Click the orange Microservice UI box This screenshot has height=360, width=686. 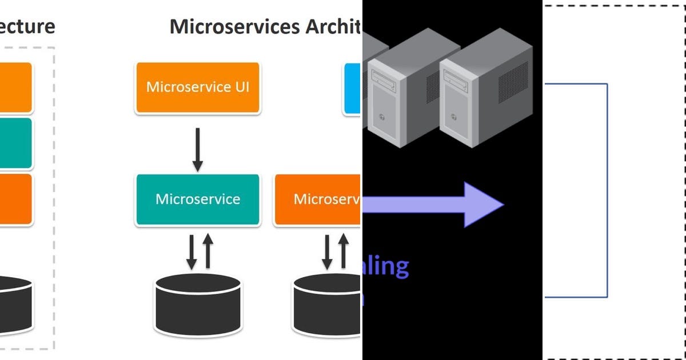197,87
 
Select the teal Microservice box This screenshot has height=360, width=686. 197,199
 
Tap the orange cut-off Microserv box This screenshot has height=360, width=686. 318,199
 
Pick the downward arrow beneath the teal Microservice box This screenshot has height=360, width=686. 192,251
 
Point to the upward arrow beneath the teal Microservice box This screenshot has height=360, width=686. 208,251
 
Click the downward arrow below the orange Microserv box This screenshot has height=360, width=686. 327,251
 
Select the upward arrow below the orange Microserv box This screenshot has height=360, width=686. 344,251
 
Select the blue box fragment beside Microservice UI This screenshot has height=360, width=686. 353,88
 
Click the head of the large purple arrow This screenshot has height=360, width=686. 483,205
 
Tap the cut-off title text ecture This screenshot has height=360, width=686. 27,26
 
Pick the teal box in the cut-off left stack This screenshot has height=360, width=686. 16,143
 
